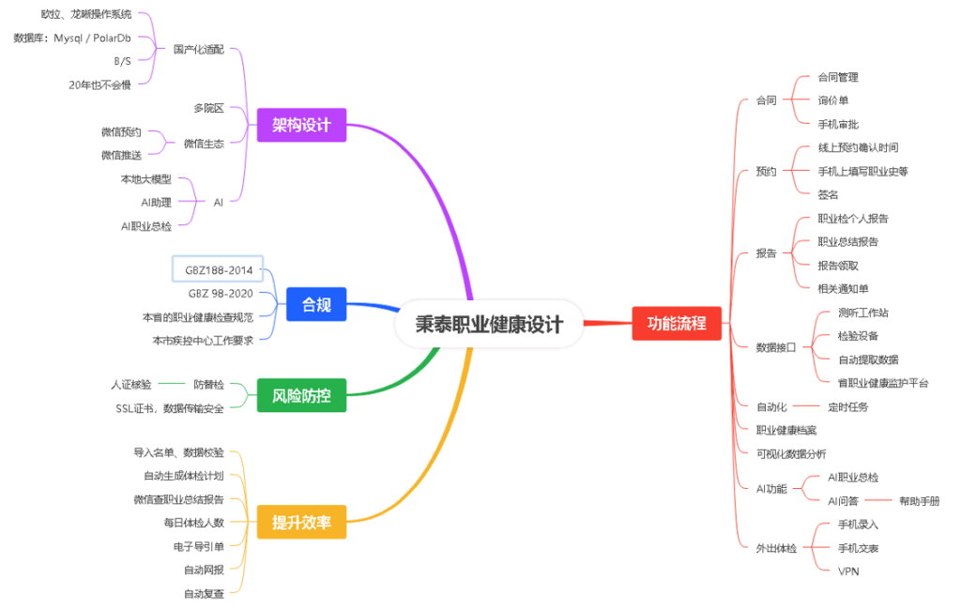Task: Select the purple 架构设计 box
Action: [301, 125]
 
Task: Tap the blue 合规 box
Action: [316, 304]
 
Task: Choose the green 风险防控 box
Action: [301, 396]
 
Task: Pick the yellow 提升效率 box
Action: [301, 523]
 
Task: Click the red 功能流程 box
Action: [676, 324]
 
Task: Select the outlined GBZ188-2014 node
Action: [219, 269]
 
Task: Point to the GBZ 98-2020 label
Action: [221, 293]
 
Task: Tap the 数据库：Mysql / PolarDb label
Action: [72, 38]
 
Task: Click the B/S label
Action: [122, 61]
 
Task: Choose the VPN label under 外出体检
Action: [848, 572]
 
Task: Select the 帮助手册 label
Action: [919, 501]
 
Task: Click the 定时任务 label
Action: [847, 407]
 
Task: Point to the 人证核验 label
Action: [130, 384]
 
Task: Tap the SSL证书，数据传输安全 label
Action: [170, 408]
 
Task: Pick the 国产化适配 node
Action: [199, 50]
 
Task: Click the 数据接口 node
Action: [776, 347]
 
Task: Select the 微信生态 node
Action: [204, 144]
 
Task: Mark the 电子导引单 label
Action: [198, 546]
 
